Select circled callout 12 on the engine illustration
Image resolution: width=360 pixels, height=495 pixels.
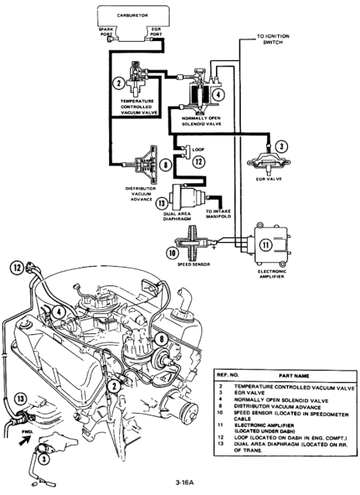tap(16, 269)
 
